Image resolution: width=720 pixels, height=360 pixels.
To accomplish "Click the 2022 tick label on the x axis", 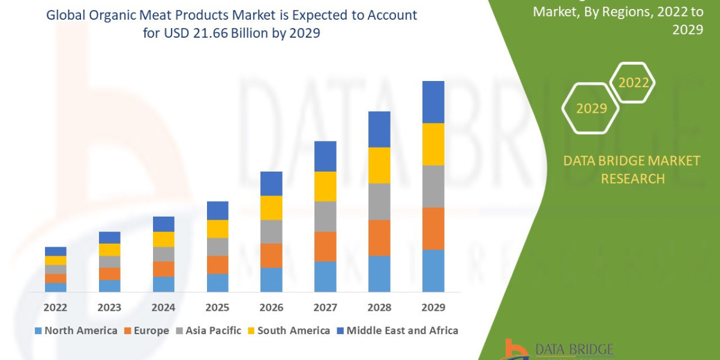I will (55, 308).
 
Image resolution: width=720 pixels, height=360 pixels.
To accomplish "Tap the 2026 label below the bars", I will (271, 308).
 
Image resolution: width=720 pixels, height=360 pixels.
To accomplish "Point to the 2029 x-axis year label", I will (433, 308).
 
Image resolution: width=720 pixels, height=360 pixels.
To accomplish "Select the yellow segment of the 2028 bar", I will (379, 165).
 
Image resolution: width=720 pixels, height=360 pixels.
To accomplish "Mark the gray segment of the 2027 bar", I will (325, 216).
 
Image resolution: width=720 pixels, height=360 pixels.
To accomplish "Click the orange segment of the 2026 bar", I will (271, 256).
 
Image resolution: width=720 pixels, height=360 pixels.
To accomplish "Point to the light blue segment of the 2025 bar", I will (217, 283).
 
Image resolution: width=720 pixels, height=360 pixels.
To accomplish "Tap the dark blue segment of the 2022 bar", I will (55, 251).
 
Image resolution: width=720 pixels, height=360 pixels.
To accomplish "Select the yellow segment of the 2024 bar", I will (163, 239).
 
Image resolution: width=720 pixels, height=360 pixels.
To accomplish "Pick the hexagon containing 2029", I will (590, 109).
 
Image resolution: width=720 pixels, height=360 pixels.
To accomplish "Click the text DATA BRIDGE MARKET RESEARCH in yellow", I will (632, 169).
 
